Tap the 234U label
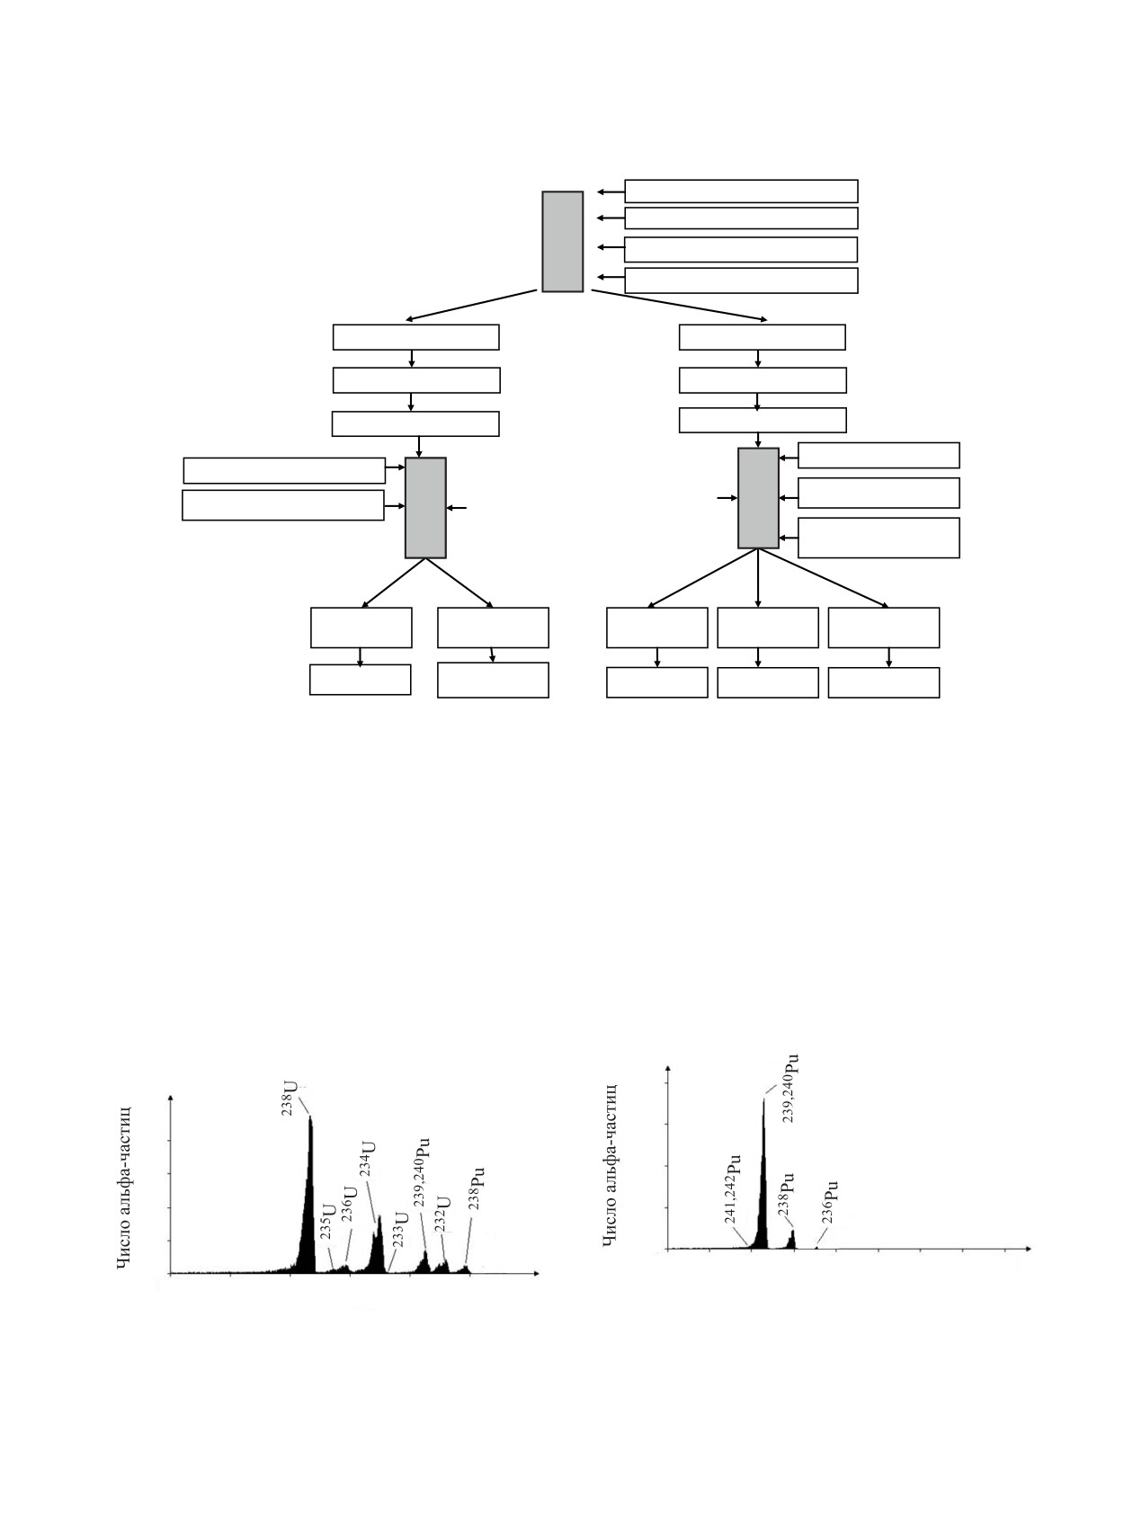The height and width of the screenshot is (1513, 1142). pos(369,1160)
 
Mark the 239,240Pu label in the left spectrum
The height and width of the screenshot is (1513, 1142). pos(423,1172)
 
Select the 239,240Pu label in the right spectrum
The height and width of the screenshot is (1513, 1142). pos(791,1087)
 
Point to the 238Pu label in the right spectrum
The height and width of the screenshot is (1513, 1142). pos(786,1193)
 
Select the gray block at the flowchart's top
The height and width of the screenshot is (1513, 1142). pos(562,241)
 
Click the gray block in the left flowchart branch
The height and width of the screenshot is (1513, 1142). pos(425,508)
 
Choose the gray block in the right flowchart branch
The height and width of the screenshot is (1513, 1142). pos(758,498)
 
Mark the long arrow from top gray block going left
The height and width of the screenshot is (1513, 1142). pos(471,305)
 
